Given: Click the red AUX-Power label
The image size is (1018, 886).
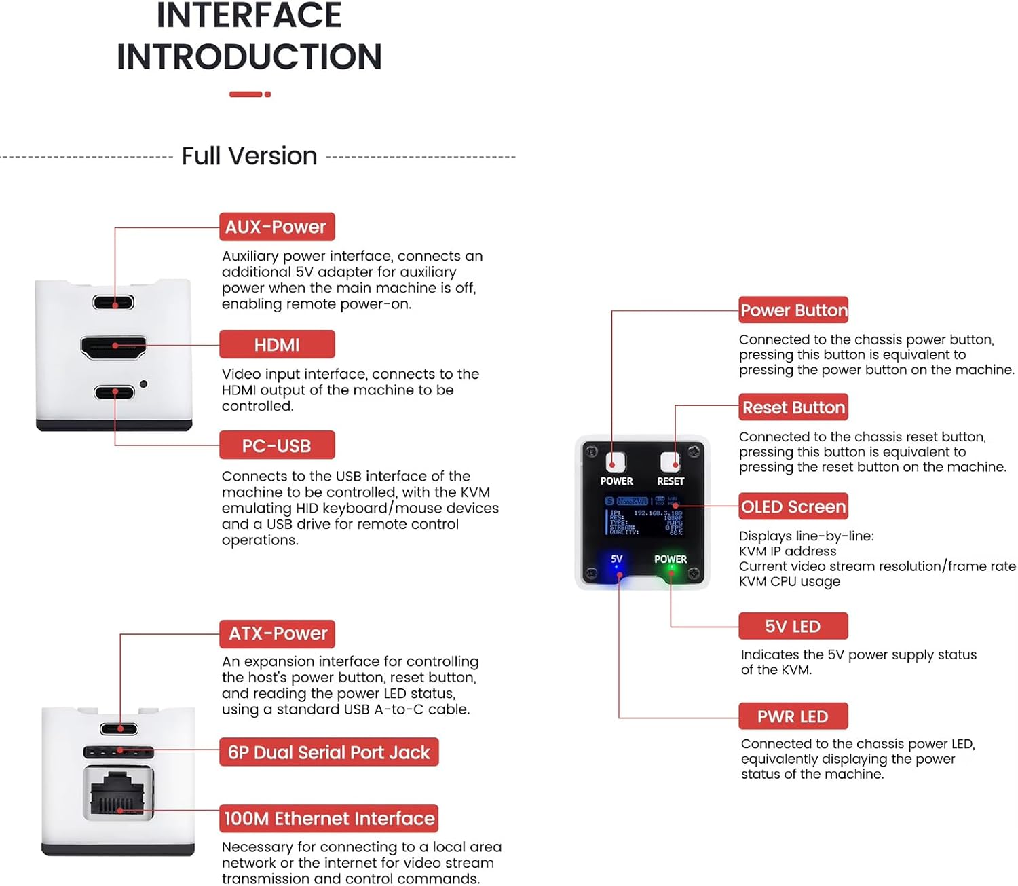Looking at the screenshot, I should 276,227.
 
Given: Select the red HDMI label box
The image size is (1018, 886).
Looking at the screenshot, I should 276,345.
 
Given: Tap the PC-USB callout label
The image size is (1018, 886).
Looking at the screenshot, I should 276,445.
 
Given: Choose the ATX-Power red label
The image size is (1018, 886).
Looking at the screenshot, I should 277,633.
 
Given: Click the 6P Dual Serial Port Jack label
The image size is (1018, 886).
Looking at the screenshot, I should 328,752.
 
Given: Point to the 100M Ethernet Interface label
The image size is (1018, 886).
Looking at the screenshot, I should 328,818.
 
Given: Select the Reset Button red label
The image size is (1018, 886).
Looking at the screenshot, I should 793,407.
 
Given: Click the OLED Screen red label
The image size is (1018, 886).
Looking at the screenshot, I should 793,506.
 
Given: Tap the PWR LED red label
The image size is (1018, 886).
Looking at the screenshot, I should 793,716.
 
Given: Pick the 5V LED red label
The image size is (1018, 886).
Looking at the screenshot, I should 793,626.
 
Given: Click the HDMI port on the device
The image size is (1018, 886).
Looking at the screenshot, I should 114,347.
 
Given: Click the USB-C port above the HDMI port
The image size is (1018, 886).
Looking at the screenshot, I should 113,302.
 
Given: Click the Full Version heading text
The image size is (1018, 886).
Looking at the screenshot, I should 249,156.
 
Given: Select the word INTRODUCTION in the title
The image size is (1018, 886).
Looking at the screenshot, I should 249,57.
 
